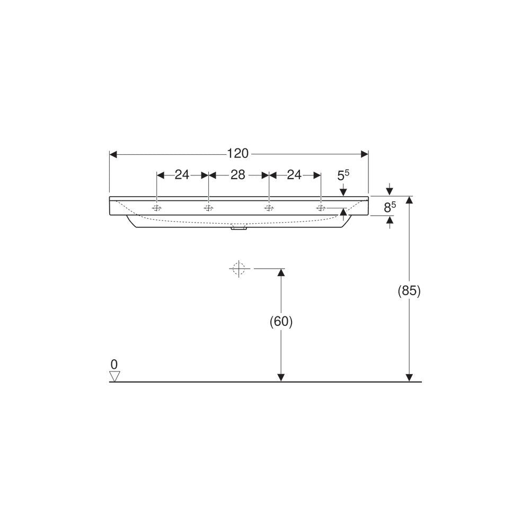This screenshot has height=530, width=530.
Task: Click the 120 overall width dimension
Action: pos(237,154)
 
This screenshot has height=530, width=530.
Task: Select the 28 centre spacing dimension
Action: pos(237,175)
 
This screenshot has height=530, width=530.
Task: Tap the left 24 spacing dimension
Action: pos(182,175)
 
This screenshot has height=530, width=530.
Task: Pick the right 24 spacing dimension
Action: pos(294,175)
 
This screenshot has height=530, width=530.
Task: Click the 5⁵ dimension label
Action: pos(343,175)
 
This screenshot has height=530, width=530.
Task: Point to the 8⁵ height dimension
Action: pos(390,207)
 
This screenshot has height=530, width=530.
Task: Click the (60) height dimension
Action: pos(281,322)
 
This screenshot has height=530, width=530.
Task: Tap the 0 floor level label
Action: pos(114,365)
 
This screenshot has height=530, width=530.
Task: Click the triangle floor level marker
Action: pos(114,376)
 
